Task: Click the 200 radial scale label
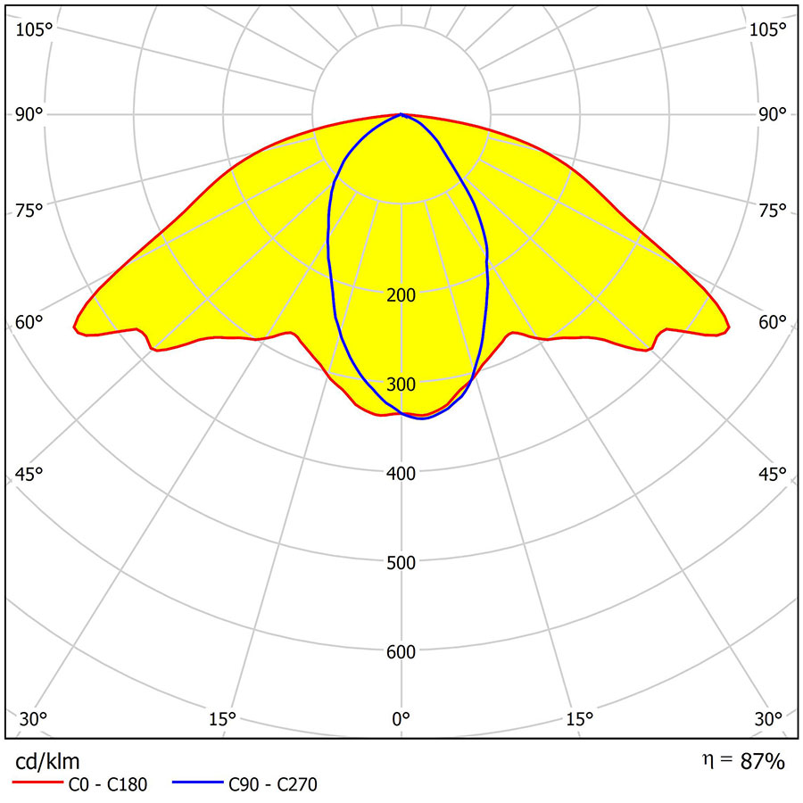401,295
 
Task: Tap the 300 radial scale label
401,385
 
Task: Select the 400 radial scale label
401,474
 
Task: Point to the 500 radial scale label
401,563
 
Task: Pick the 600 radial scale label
401,652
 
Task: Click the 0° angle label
401,718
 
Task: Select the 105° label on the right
767,29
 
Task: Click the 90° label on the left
29,114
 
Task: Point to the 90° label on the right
773,114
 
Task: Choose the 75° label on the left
29,211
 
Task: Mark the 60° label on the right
773,323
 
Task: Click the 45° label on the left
29,474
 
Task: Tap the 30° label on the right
773,718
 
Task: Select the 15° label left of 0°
222,718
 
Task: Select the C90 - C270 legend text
272,785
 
